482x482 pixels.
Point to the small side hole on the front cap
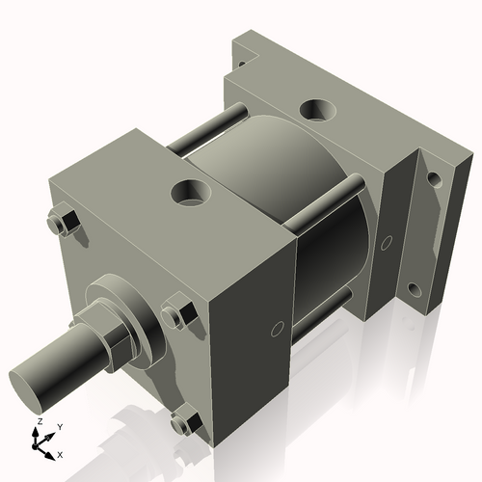coord(277,330)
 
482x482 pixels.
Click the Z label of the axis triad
coord(38,422)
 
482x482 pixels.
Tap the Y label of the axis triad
coord(59,425)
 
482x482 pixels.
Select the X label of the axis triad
coord(61,453)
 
